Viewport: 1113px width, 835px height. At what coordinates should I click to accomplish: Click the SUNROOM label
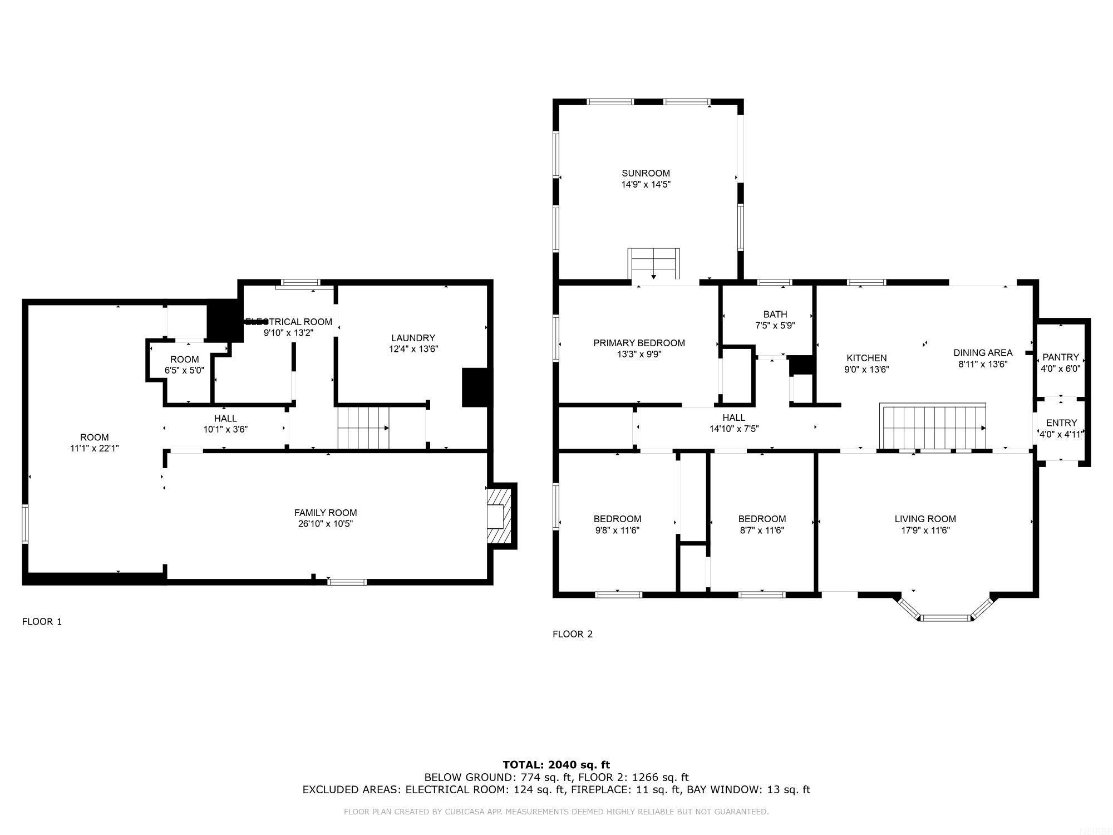(x=646, y=173)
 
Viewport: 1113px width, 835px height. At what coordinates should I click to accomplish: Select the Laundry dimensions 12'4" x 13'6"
(x=413, y=349)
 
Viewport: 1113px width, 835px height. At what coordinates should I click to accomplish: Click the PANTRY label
(x=1060, y=357)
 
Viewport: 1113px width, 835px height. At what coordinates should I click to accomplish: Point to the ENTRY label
(x=1061, y=423)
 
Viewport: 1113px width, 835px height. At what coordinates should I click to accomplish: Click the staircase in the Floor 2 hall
(x=933, y=427)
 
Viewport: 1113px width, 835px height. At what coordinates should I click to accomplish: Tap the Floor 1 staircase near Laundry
(x=362, y=428)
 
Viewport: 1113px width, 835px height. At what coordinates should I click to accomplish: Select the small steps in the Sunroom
(x=653, y=263)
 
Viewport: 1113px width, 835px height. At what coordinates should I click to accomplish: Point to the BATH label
(x=775, y=315)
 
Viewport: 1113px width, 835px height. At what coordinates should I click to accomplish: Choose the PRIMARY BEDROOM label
(x=639, y=343)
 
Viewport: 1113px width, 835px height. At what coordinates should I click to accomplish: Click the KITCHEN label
(x=866, y=358)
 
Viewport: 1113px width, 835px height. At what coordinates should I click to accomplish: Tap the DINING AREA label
(x=983, y=352)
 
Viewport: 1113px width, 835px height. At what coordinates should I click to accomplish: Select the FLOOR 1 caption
(x=42, y=622)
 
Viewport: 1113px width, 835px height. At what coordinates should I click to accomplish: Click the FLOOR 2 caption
(x=573, y=634)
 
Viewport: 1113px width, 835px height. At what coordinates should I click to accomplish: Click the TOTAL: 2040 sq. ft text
(x=556, y=765)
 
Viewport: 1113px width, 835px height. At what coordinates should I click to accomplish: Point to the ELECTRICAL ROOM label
(x=289, y=322)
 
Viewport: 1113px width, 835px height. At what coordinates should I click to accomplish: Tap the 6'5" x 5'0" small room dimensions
(x=184, y=370)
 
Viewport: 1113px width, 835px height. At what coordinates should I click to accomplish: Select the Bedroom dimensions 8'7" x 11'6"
(x=761, y=531)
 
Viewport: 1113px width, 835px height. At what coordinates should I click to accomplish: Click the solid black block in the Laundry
(x=474, y=387)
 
